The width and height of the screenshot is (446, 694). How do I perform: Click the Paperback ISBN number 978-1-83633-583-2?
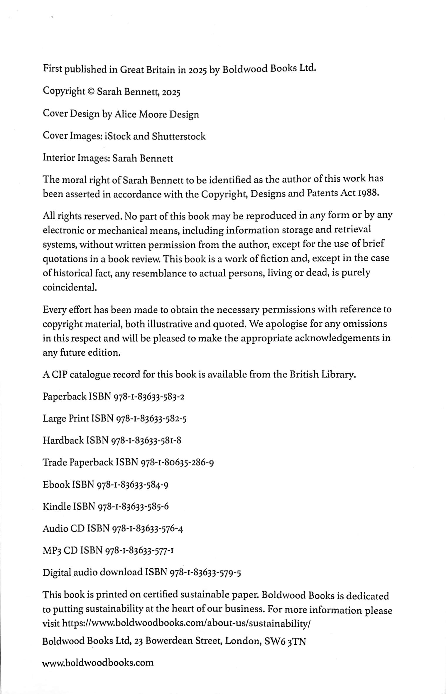click(148, 397)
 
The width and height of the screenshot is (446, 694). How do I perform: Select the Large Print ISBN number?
click(151, 419)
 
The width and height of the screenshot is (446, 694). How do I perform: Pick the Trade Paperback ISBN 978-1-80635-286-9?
click(178, 463)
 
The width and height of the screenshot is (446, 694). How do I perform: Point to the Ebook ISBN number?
click(132, 485)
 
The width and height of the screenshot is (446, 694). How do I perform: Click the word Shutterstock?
click(179, 136)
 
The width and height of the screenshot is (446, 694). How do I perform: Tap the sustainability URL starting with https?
click(186, 623)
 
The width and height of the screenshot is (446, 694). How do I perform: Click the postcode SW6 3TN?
click(285, 641)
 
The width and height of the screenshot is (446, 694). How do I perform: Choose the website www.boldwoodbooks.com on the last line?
click(98, 663)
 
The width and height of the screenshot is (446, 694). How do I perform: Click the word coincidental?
click(70, 287)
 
